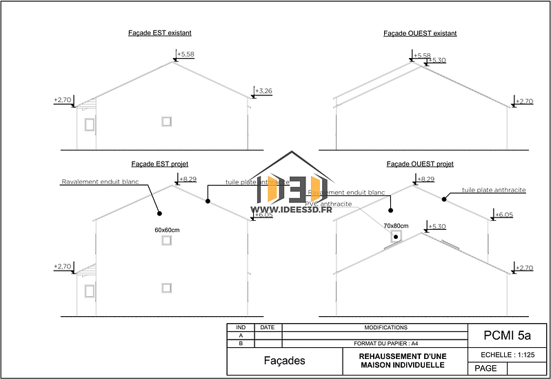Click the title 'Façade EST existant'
(x=159, y=32)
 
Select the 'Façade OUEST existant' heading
(x=420, y=33)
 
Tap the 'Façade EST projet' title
(x=159, y=164)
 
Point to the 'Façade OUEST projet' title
(x=420, y=164)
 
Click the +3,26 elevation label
(x=263, y=90)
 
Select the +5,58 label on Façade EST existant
(x=186, y=54)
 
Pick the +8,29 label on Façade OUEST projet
(x=425, y=179)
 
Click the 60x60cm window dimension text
(x=167, y=230)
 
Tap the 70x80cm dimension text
(x=396, y=226)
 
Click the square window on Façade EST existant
(x=166, y=122)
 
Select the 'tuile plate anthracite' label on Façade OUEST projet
(x=494, y=190)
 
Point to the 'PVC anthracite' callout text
(x=329, y=204)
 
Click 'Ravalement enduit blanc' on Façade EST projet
(x=100, y=182)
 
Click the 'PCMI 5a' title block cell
(x=507, y=336)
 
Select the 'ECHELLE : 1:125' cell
(x=507, y=355)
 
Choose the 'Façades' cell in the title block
(x=284, y=360)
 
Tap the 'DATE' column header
(x=268, y=327)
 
